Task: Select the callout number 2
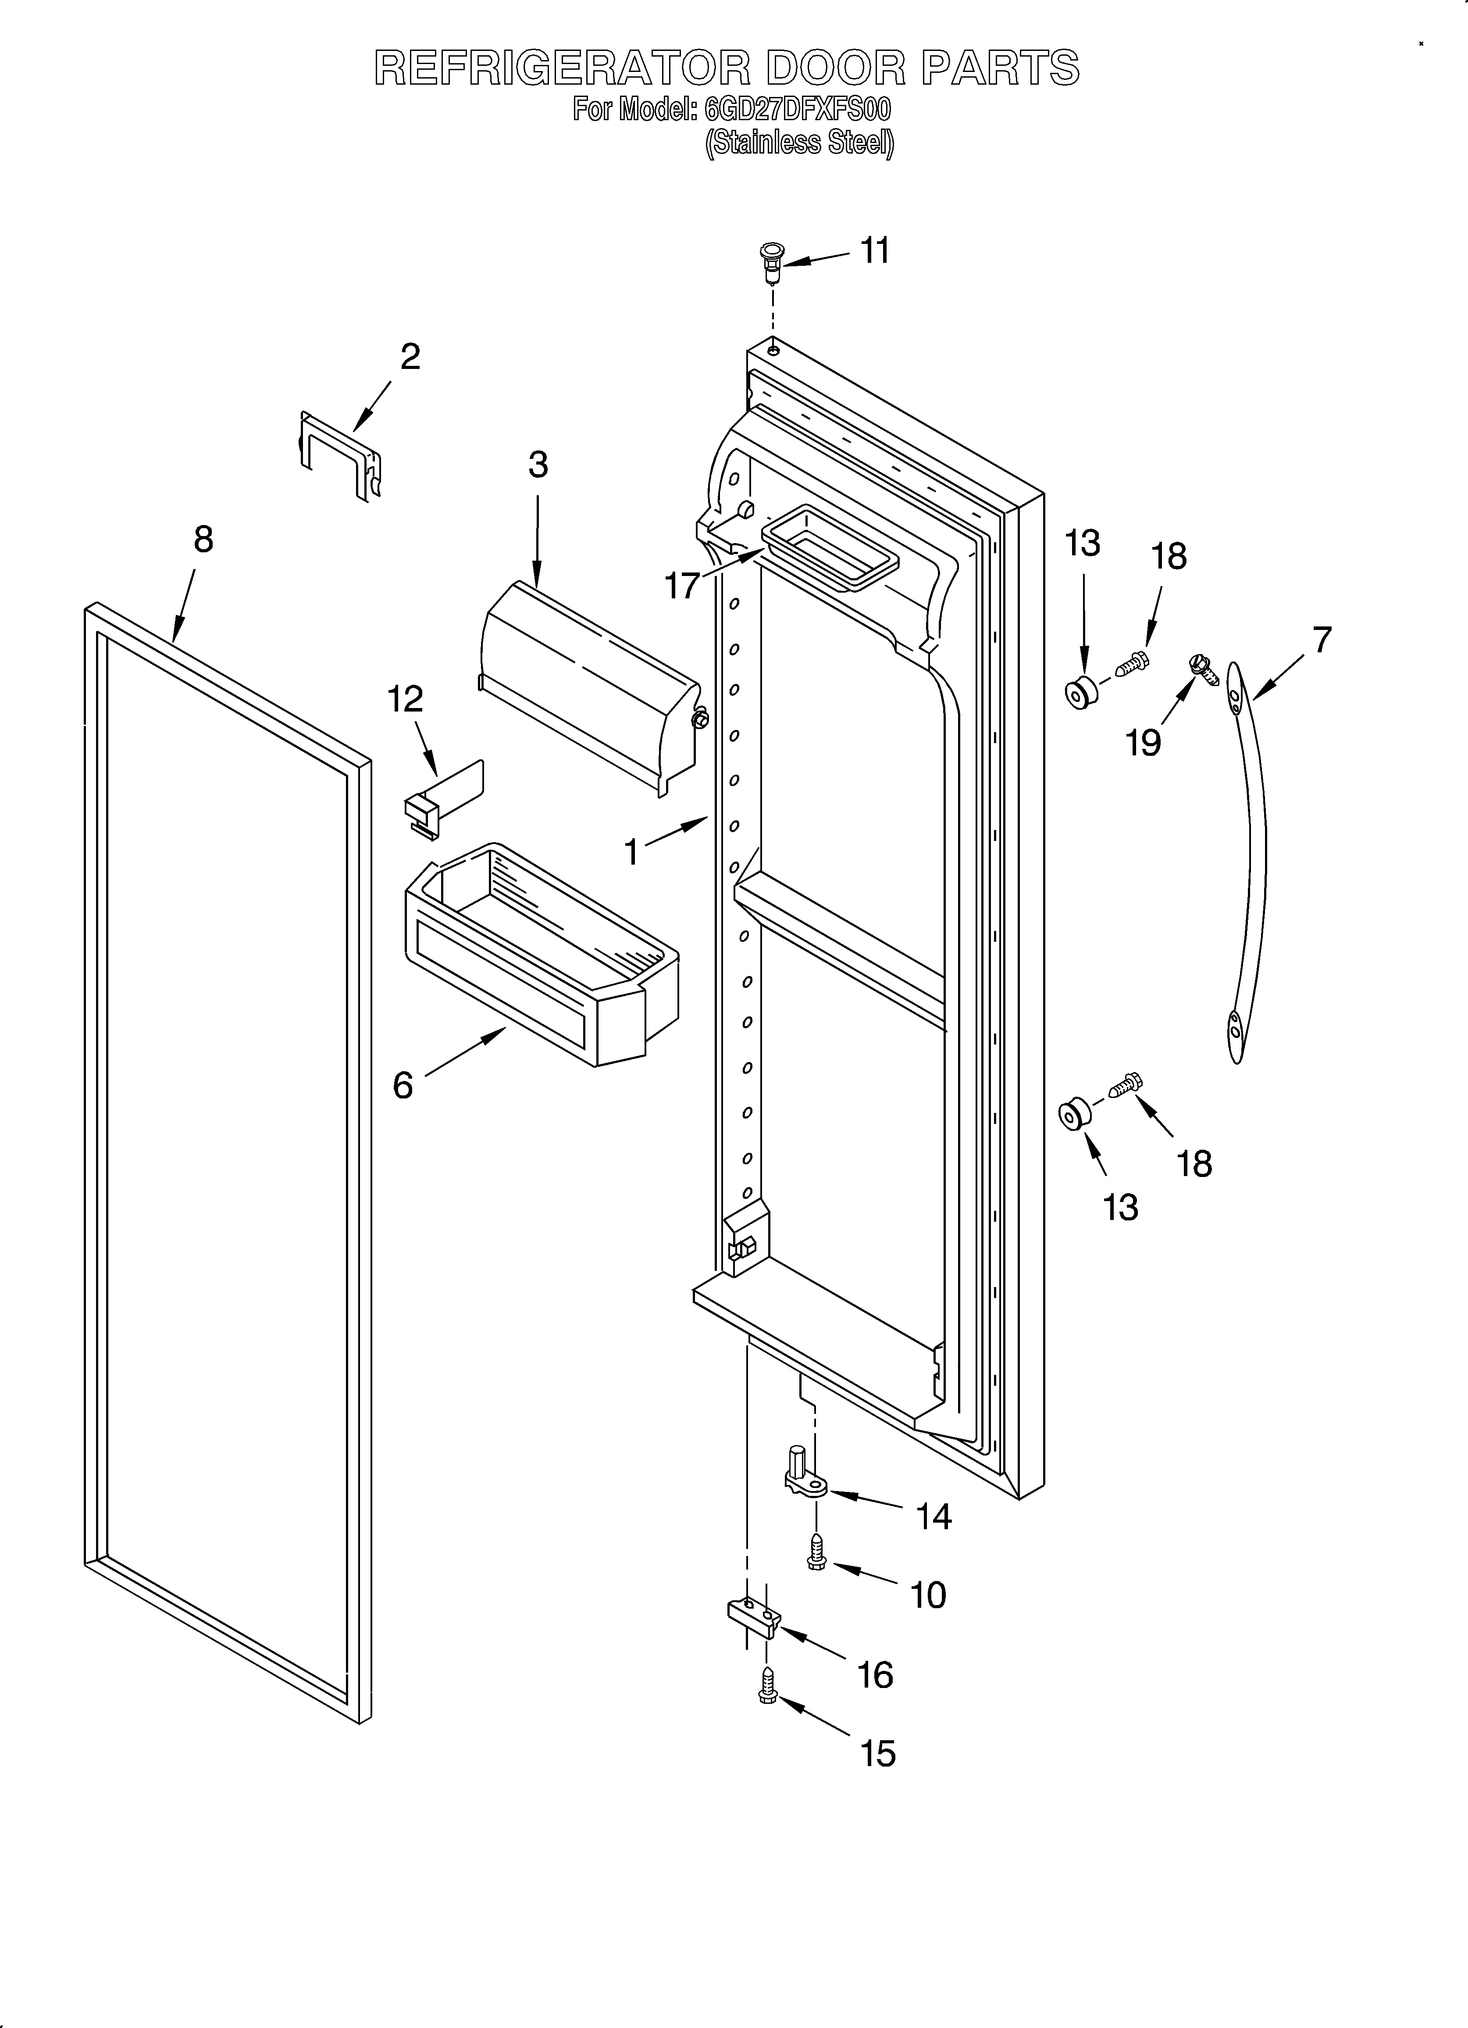(x=410, y=357)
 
